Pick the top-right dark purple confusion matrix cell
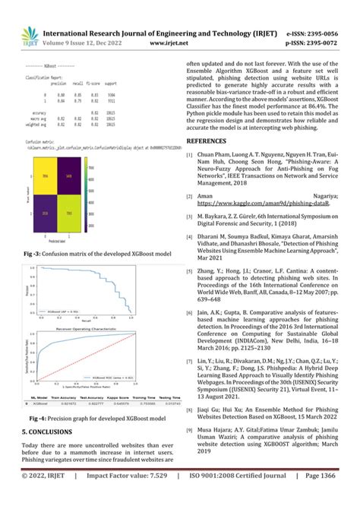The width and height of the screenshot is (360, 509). (70, 175)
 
